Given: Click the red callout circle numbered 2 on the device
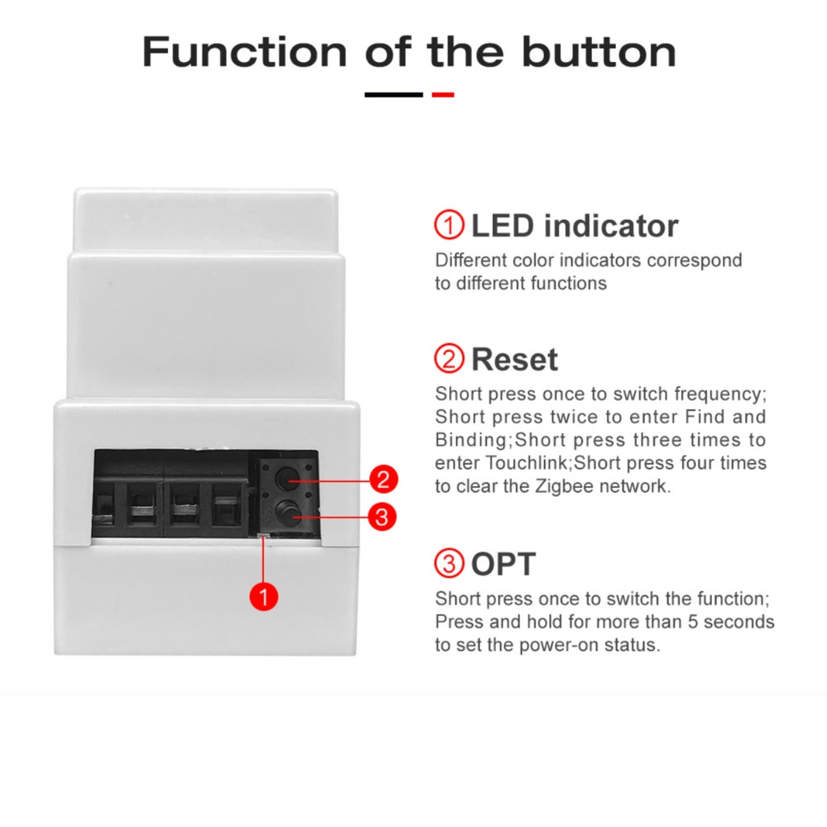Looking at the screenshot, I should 382,479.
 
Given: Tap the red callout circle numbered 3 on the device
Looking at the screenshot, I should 380,518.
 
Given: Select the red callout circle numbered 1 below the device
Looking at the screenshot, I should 262,595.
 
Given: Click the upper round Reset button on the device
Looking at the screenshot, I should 287,479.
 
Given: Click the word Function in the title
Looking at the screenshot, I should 245,51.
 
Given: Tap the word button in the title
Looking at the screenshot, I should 598,51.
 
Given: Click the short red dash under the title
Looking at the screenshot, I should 442,94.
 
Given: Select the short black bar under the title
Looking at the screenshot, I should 394,94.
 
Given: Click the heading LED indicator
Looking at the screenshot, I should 574,226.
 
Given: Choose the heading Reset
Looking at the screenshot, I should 514,360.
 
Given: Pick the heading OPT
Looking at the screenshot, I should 503,565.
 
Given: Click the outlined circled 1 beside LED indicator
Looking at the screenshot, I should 449,225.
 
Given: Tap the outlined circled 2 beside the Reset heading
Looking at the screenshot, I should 449,359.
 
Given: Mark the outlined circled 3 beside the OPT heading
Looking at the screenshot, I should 449,564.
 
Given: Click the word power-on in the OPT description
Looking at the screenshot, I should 557,644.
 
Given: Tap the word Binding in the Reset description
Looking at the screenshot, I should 466,439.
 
